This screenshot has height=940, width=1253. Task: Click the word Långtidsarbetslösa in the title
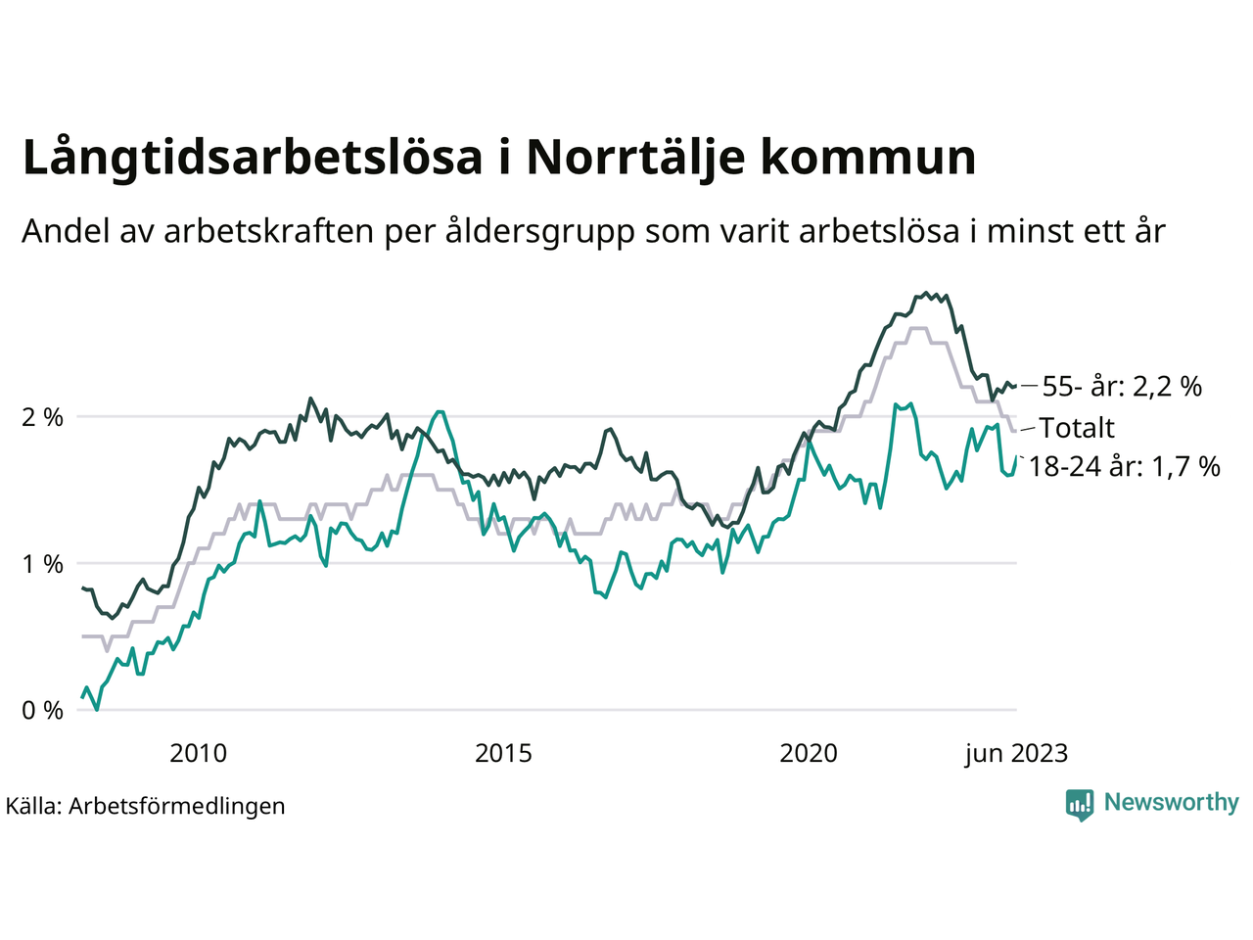click(x=253, y=159)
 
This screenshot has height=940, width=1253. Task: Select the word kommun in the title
click(x=868, y=159)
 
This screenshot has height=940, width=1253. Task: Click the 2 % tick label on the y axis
click(x=42, y=417)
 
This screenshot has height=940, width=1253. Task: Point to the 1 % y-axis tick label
click(x=42, y=564)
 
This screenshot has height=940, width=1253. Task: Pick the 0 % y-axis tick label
click(x=42, y=711)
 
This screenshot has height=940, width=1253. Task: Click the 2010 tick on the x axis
click(x=198, y=754)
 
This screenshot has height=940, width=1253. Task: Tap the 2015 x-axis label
click(x=503, y=754)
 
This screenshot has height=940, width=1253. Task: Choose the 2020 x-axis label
click(x=809, y=754)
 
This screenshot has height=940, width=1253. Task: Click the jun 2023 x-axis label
click(x=1015, y=754)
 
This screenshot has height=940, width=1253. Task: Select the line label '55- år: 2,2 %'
click(x=1122, y=387)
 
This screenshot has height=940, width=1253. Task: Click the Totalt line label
click(x=1077, y=428)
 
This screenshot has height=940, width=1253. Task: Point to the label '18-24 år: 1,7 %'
click(x=1125, y=467)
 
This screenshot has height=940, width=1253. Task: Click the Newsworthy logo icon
click(x=1080, y=805)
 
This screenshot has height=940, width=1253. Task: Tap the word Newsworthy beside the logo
click(x=1171, y=803)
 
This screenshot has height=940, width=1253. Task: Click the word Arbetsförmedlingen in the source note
click(x=177, y=807)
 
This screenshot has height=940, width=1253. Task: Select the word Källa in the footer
click(x=33, y=807)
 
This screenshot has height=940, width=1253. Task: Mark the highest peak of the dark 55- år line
click(x=926, y=293)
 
